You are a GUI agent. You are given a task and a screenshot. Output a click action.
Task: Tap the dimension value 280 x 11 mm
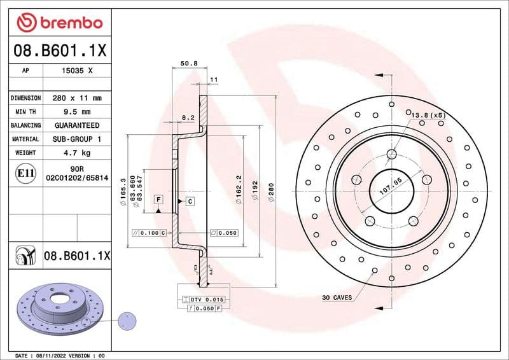point(77,99)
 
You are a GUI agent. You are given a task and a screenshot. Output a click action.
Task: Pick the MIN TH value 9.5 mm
point(77,112)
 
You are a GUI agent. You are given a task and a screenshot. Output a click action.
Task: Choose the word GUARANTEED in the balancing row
point(77,125)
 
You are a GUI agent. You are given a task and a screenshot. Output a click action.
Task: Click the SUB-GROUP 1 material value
point(77,139)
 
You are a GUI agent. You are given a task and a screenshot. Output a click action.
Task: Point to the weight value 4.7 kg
point(77,153)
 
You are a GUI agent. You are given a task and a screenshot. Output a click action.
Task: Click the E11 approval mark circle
point(25,173)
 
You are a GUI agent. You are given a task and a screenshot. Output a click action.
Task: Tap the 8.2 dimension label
point(188,118)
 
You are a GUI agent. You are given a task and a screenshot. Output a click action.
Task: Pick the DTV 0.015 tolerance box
point(203,299)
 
